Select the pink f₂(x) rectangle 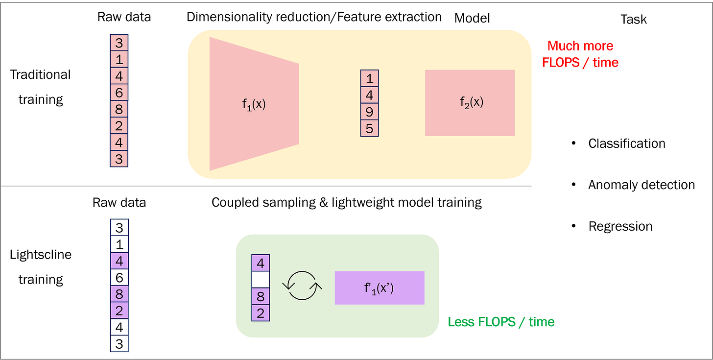click(x=470, y=103)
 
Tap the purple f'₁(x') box click(x=380, y=288)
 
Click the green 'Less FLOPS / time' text click(x=501, y=322)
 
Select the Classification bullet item click(x=626, y=144)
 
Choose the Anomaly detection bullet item click(x=641, y=185)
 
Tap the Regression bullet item click(x=620, y=226)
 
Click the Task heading click(x=634, y=20)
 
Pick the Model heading click(x=472, y=19)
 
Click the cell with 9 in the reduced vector click(x=370, y=112)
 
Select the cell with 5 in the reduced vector click(x=370, y=128)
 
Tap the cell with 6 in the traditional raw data click(x=119, y=93)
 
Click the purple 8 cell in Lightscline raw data click(x=119, y=294)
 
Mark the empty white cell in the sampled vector click(x=261, y=280)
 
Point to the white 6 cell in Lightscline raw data click(x=119, y=277)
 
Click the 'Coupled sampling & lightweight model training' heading click(x=347, y=202)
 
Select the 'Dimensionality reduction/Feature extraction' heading click(x=314, y=17)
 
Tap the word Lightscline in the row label click(x=41, y=255)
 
